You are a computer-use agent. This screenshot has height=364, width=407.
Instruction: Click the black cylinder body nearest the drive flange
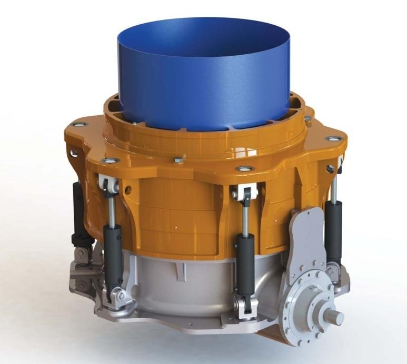click(x=245, y=263)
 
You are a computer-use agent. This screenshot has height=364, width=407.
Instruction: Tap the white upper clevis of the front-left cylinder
click(x=108, y=184)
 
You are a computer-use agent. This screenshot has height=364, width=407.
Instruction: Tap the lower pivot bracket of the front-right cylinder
click(x=243, y=308)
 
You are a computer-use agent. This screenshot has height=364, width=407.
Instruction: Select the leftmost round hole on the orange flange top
click(x=78, y=125)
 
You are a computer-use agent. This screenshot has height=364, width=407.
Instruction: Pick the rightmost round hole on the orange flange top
click(x=333, y=138)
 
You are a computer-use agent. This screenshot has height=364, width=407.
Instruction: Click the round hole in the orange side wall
click(x=127, y=187)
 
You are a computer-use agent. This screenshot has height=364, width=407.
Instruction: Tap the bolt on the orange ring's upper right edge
click(x=308, y=119)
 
